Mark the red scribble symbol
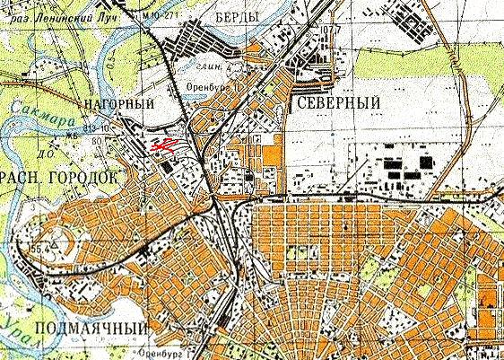point(164,144)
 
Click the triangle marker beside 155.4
point(54,242)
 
